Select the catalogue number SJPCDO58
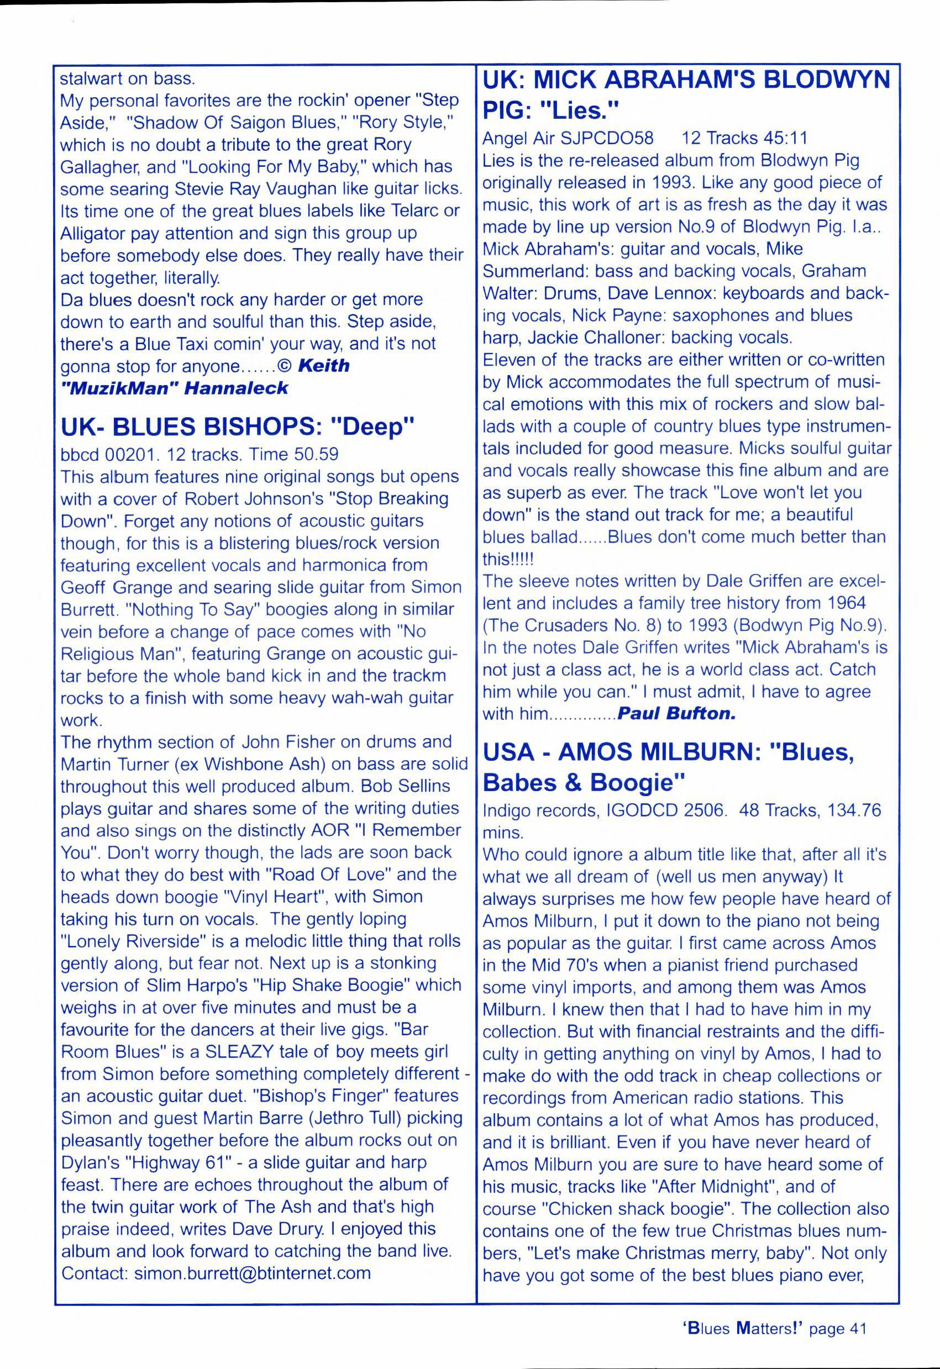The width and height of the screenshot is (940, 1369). [611, 139]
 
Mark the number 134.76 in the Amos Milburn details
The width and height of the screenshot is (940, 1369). [853, 811]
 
